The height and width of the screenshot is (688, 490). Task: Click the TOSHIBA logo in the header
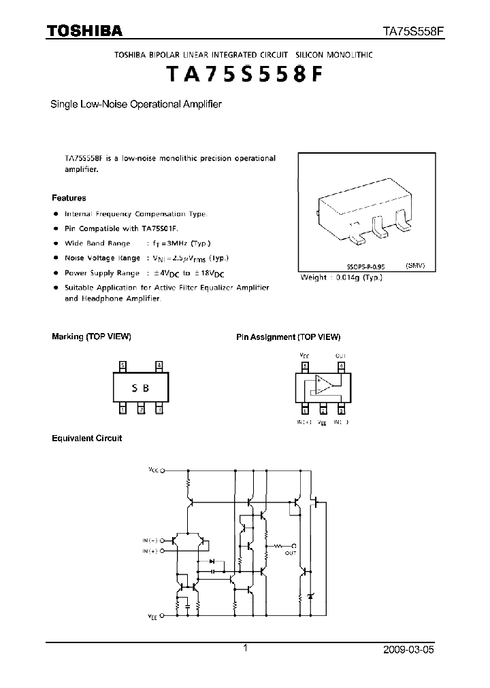[84, 31]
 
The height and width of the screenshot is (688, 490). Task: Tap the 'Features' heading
[69, 198]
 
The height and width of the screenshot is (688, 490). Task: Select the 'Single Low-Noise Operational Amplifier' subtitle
[137, 105]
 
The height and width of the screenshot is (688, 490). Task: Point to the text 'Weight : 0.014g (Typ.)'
[342, 277]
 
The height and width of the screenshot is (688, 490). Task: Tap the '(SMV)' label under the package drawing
[415, 266]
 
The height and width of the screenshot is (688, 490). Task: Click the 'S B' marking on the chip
[140, 388]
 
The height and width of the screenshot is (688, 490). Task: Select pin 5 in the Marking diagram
[122, 366]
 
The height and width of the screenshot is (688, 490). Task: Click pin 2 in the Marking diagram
[141, 409]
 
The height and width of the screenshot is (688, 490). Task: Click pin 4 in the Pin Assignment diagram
[340, 366]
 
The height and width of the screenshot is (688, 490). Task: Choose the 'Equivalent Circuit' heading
[86, 438]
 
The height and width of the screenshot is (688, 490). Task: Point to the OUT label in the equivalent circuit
[291, 553]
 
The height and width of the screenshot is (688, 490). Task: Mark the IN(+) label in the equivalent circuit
[149, 551]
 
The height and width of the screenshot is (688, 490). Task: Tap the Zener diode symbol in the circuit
[312, 596]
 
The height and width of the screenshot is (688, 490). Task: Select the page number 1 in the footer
[245, 649]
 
